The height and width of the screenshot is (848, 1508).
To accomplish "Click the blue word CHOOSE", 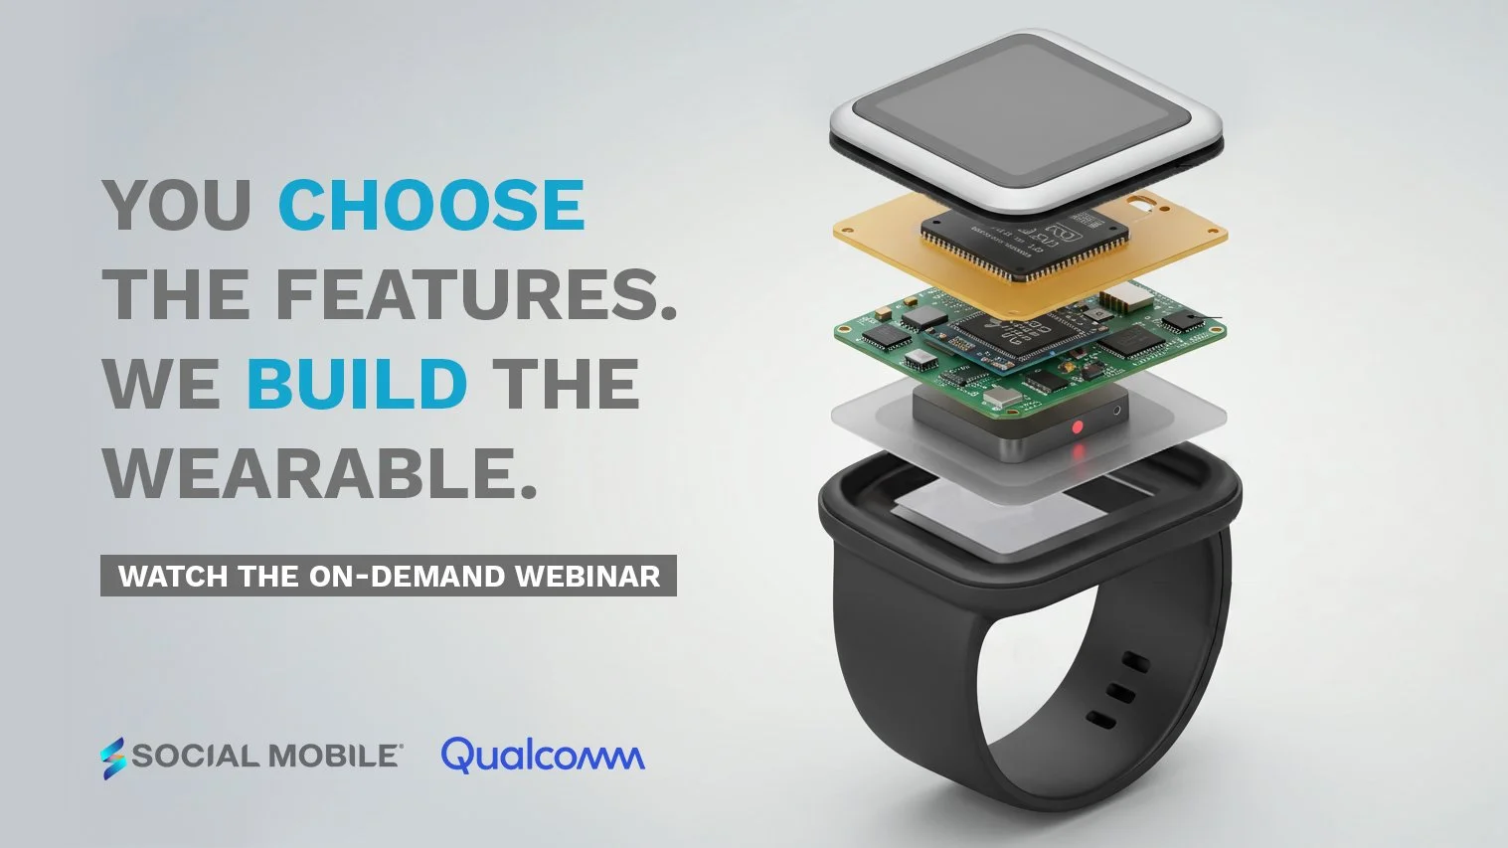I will (431, 206).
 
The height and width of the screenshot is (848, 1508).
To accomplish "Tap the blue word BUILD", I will (356, 385).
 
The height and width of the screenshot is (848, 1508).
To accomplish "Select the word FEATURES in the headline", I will (467, 295).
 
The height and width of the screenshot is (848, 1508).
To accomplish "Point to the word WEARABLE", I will (319, 474).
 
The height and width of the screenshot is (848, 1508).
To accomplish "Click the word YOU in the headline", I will (177, 206).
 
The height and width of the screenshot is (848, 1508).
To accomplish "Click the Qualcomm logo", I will (543, 756).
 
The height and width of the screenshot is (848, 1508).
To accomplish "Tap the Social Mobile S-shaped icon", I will (113, 758).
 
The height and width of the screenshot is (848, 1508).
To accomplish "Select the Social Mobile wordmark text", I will (266, 757).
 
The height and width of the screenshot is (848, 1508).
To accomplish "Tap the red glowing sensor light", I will (1077, 427).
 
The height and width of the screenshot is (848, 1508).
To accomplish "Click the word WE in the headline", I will (161, 385).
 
